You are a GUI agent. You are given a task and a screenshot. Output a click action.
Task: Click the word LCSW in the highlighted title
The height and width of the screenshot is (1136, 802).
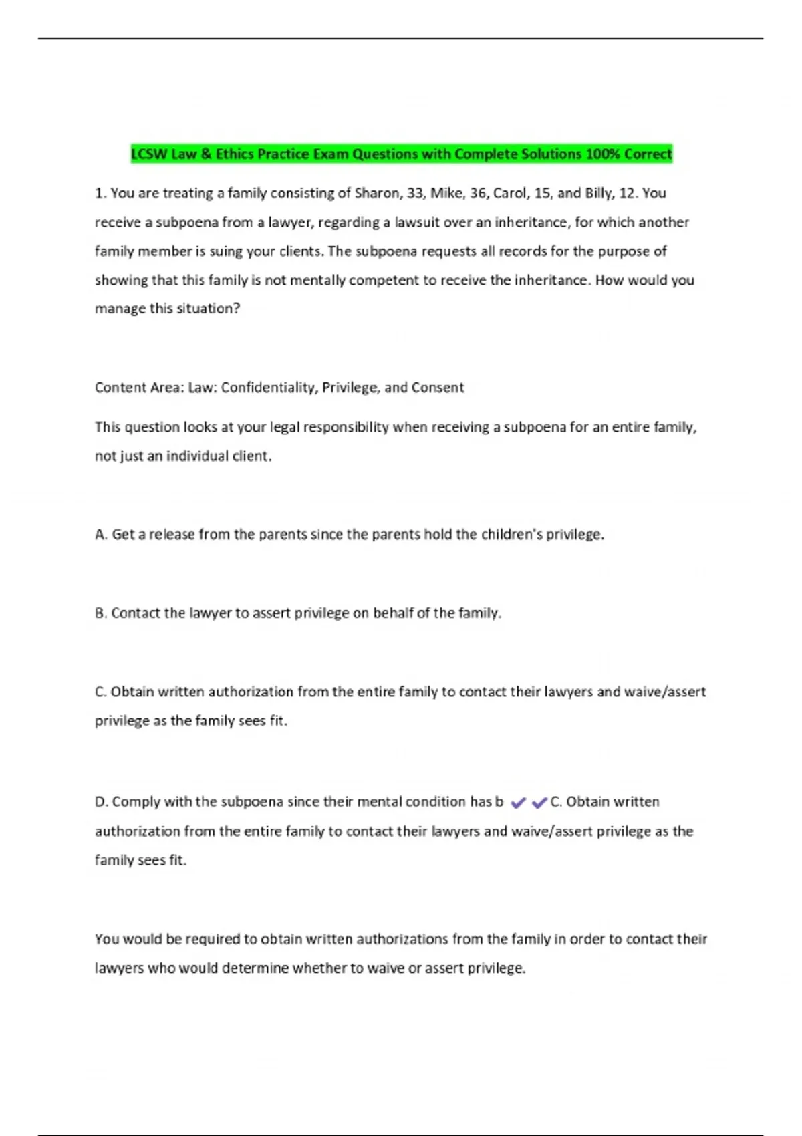click(149, 154)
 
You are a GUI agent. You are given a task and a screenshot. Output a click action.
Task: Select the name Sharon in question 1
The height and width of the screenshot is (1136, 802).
click(377, 194)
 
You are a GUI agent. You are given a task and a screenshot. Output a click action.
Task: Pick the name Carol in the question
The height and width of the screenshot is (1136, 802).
click(511, 194)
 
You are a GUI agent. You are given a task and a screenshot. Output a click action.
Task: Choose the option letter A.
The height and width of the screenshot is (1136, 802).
click(100, 535)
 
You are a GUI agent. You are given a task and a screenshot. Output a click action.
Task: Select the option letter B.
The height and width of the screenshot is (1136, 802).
click(100, 613)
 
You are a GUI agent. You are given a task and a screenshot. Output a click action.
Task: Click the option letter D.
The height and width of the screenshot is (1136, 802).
click(100, 802)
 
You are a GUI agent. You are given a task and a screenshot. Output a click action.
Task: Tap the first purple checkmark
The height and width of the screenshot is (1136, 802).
click(518, 803)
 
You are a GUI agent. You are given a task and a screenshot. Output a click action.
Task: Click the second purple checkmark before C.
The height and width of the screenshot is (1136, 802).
click(539, 803)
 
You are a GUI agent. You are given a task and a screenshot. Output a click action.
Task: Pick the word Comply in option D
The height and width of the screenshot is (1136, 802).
click(136, 802)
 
